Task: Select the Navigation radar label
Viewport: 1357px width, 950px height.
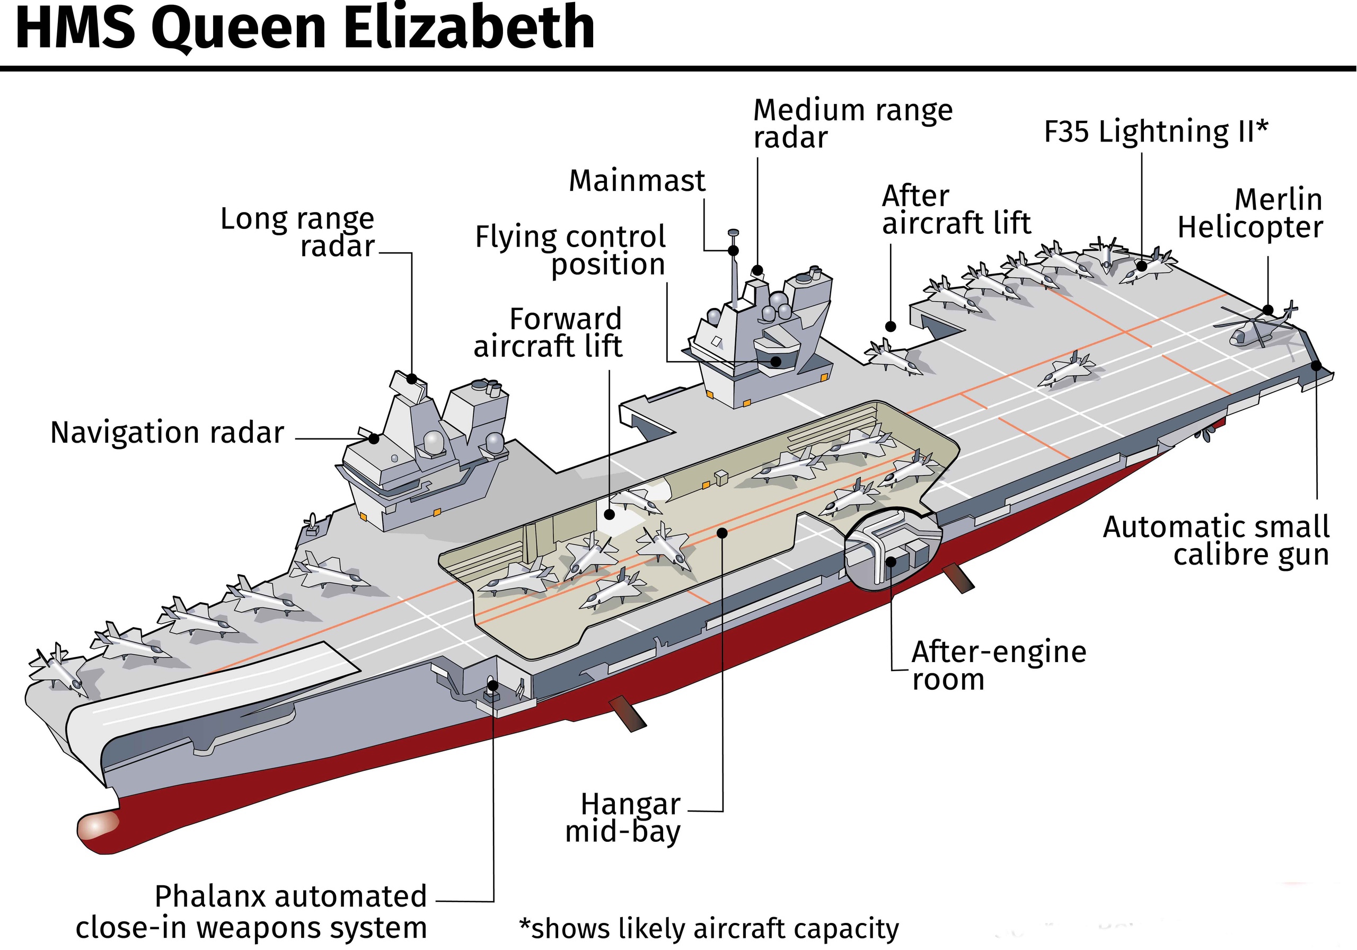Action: point(168,433)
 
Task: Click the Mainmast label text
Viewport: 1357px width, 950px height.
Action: point(637,180)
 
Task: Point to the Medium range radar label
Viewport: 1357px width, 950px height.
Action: point(852,124)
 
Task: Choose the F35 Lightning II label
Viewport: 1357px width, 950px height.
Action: point(1156,131)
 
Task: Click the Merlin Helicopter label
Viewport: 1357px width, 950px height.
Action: point(1250,214)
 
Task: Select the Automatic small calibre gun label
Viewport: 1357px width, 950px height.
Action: point(1217,541)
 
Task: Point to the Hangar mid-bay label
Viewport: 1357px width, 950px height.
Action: point(623,817)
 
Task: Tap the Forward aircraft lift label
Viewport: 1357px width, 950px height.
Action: point(548,333)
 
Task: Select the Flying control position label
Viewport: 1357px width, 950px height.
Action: point(571,251)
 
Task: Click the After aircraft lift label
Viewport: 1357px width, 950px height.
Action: point(956,210)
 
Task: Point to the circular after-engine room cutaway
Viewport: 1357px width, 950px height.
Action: point(889,548)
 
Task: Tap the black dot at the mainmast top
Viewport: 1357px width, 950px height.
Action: point(734,251)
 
